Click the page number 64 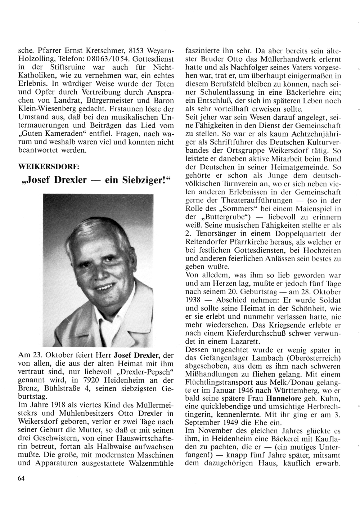(21, 478)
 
